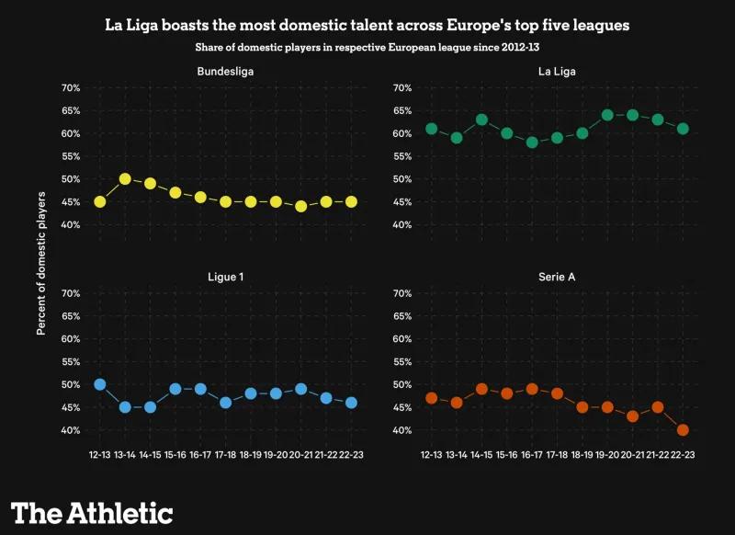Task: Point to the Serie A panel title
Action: point(557,276)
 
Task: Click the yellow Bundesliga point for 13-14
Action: point(125,179)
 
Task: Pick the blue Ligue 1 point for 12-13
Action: point(99,384)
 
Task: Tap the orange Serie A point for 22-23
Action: point(683,430)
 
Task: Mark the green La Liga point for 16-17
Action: point(531,142)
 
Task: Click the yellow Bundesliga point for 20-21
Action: point(301,206)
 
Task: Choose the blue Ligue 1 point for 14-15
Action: point(150,407)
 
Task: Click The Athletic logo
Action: point(92,512)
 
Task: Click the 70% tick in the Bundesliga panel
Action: point(71,88)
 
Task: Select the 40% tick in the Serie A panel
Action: point(401,430)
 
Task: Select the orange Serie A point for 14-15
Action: point(481,389)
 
